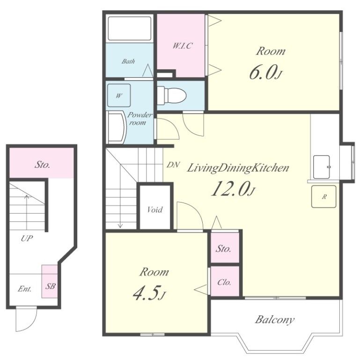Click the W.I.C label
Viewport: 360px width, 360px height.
[x=182, y=46]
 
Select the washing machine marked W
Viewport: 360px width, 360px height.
[x=119, y=96]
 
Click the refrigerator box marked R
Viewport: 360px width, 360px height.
[x=324, y=196]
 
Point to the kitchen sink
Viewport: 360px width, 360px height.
[x=322, y=167]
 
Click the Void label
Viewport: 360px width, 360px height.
[x=155, y=210]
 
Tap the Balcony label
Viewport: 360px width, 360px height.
[x=275, y=320]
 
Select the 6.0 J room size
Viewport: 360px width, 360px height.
[x=265, y=72]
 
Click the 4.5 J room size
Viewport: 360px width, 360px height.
[x=149, y=293]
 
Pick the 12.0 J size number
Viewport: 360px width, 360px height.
[x=233, y=188]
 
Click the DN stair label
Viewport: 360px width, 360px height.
[x=173, y=165]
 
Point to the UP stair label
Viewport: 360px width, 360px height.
[x=27, y=239]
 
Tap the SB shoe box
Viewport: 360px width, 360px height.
[x=50, y=281]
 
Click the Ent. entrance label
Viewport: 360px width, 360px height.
[x=25, y=289]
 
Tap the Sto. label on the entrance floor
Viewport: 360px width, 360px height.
[x=42, y=165]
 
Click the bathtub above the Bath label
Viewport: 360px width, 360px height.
[x=130, y=29]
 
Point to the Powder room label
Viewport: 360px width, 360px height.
[x=140, y=119]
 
